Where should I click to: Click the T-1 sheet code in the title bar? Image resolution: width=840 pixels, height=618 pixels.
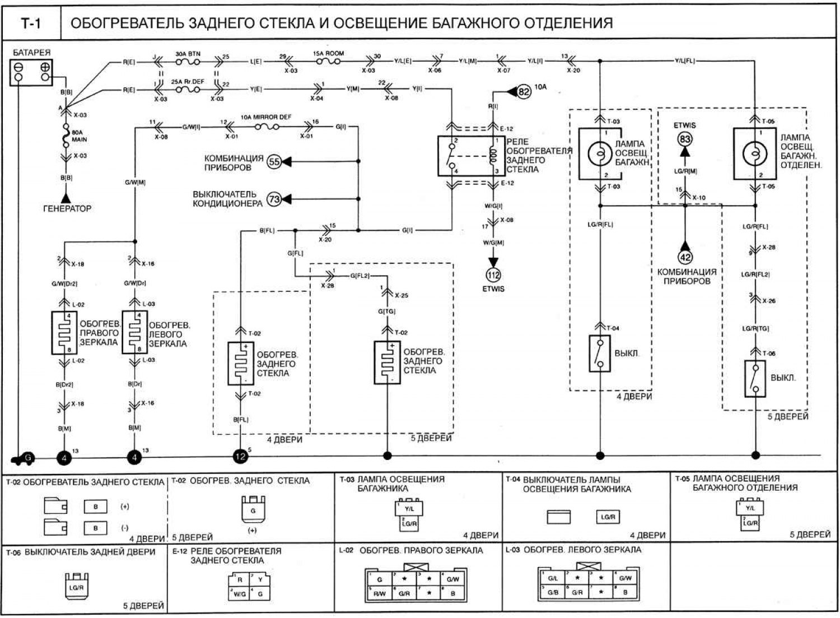point(31,23)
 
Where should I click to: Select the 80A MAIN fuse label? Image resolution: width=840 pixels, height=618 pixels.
point(79,136)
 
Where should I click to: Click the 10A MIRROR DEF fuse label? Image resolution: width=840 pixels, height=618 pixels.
point(266,117)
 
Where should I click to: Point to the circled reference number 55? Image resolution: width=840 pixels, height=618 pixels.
point(274,162)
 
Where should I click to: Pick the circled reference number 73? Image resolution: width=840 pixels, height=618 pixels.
point(274,199)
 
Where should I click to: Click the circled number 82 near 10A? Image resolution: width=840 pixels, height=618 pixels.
point(524,91)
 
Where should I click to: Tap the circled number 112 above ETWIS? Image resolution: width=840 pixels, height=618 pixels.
point(493,275)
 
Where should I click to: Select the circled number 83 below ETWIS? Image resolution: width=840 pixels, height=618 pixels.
point(685,139)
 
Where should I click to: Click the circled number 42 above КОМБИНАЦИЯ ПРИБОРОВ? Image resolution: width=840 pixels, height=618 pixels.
point(685,257)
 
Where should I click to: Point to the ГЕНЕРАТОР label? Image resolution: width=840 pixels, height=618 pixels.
point(67,208)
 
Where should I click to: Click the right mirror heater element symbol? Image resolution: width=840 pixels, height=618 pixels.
point(64,333)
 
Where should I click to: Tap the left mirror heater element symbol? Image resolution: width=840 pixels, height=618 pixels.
point(134,333)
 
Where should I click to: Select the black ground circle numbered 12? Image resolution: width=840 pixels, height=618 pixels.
point(240,457)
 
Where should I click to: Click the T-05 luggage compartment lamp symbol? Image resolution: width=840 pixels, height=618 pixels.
point(754,154)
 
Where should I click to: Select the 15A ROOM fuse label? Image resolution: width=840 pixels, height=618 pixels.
point(328,54)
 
